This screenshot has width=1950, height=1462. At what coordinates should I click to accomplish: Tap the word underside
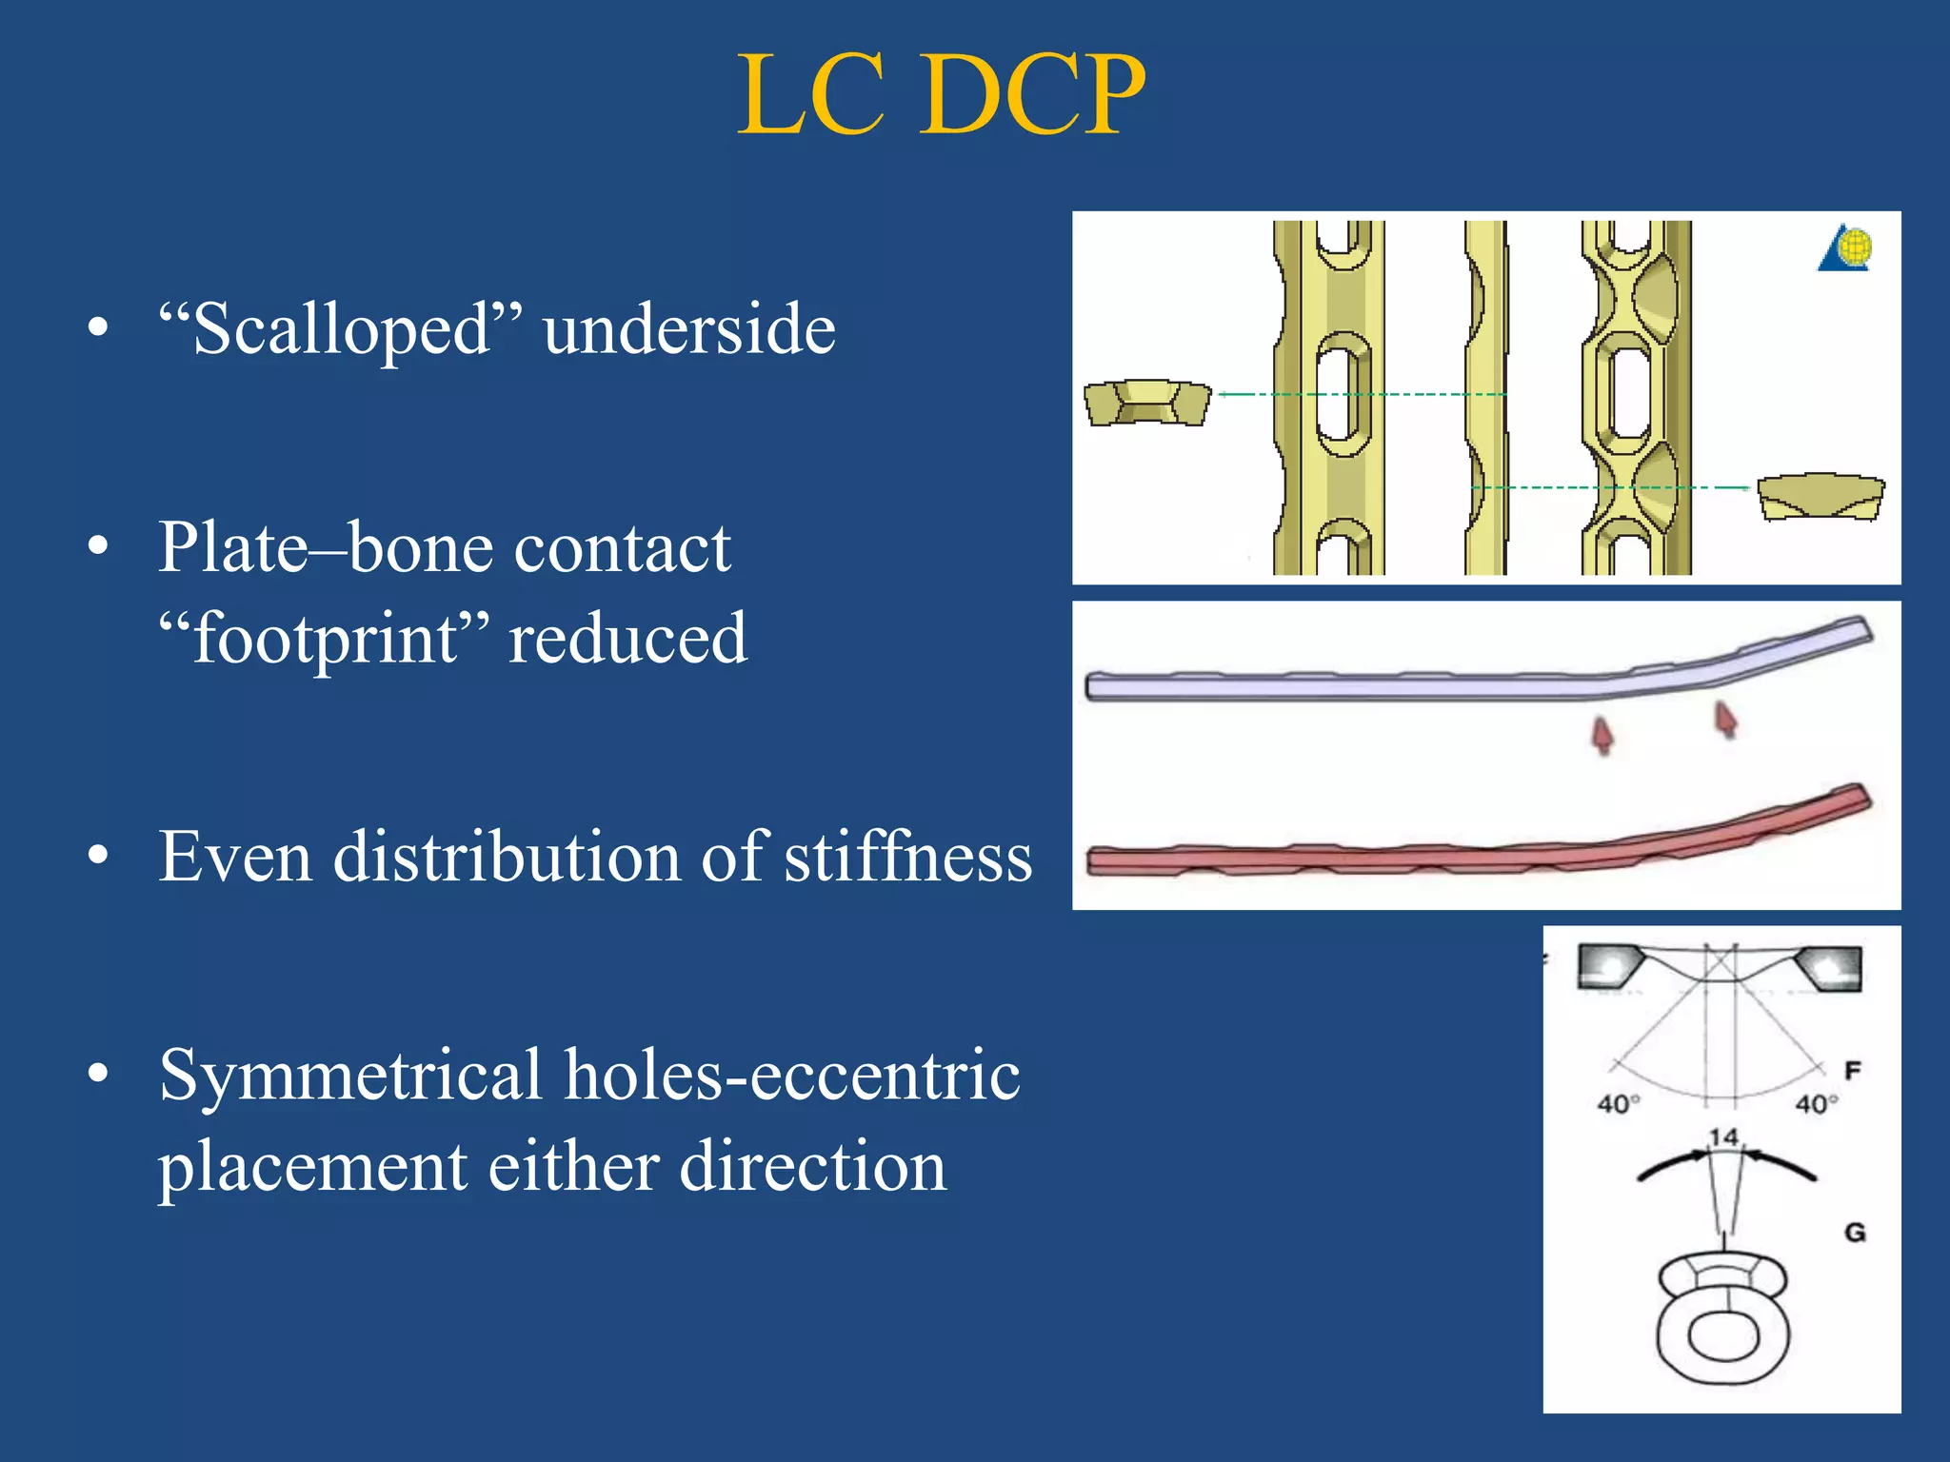689,329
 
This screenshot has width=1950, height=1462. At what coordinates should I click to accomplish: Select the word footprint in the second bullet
325,639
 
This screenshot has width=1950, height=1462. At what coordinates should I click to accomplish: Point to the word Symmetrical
351,1077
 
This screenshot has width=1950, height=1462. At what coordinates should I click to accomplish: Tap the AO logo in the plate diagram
1846,249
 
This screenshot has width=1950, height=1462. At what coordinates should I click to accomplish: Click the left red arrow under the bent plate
1603,736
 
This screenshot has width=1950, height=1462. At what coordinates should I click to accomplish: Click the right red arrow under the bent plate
1726,719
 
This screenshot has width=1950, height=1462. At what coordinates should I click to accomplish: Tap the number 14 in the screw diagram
1723,1137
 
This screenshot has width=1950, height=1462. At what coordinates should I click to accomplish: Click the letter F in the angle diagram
1852,1071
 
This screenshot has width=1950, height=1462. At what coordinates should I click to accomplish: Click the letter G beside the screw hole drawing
1855,1233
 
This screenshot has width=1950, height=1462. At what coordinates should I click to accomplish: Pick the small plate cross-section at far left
1147,403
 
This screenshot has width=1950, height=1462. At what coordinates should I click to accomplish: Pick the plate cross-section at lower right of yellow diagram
1820,498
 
